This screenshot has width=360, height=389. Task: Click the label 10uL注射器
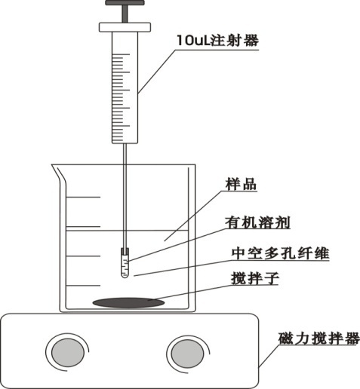click(x=217, y=41)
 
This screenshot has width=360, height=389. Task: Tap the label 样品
click(x=241, y=184)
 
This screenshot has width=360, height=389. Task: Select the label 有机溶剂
click(x=257, y=222)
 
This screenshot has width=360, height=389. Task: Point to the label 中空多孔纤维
click(x=280, y=253)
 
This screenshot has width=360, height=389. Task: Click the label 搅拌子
click(x=255, y=278)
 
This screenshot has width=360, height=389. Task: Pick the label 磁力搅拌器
click(x=319, y=338)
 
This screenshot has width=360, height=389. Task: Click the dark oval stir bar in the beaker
click(x=128, y=302)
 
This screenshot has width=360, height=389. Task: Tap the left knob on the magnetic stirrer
click(x=68, y=352)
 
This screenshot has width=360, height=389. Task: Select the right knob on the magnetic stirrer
click(x=187, y=354)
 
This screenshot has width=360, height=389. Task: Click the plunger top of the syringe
click(x=125, y=3)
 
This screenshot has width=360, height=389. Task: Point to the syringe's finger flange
click(x=125, y=27)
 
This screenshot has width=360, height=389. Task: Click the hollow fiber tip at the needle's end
click(x=125, y=263)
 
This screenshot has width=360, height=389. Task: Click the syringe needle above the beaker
click(x=125, y=154)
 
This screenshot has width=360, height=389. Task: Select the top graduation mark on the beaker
click(x=83, y=197)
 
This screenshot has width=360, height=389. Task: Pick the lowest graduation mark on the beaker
click(x=83, y=286)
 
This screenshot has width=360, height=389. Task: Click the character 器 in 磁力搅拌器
click(x=352, y=338)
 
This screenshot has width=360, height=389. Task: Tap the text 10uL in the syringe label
click(x=193, y=41)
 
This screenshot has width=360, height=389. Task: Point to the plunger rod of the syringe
click(x=125, y=14)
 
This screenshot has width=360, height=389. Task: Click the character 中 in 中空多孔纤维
click(x=238, y=253)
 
